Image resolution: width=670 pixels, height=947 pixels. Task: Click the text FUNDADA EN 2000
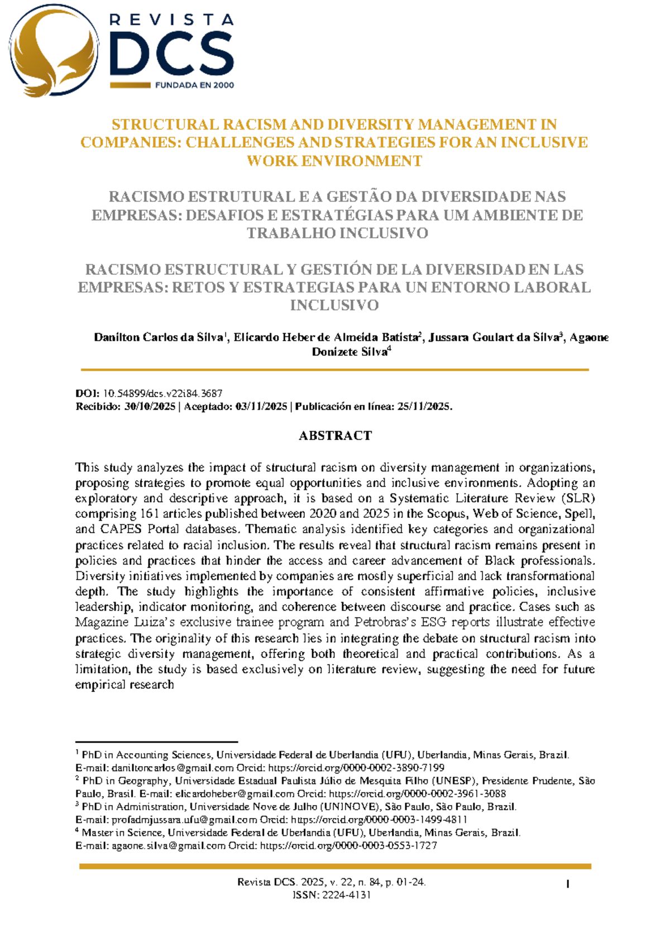point(194,85)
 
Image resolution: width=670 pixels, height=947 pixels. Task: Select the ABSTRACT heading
point(335,436)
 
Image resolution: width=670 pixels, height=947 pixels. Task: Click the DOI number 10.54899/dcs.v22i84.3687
point(162,394)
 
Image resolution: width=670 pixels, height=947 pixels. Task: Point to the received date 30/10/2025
point(150,406)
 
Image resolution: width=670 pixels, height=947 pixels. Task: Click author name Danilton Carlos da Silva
point(159,337)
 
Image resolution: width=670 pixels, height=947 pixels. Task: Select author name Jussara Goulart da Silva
point(494,337)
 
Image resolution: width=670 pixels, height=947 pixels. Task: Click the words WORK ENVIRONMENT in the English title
point(334,161)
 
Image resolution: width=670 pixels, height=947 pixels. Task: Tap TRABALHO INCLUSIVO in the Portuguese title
point(337,233)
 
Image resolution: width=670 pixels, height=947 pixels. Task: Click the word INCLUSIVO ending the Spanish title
point(334,305)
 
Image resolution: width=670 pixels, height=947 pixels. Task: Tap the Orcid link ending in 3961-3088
point(417,793)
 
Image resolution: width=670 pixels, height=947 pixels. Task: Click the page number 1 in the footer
point(568,883)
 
